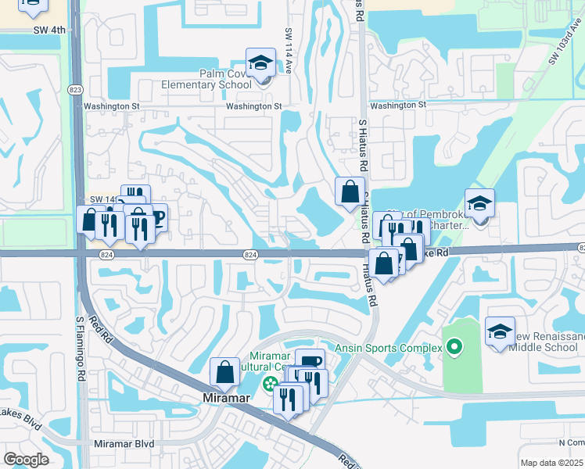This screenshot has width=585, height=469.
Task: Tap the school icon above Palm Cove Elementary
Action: pos(260,63)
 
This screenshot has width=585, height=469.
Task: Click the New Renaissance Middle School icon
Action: pos(500,331)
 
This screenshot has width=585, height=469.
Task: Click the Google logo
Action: pos(26,460)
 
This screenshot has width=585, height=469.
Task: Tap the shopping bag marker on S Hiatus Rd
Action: pos(350,192)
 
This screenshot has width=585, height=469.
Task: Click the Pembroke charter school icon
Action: pos(479,203)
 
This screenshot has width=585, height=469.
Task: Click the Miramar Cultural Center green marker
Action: pos(270,384)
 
